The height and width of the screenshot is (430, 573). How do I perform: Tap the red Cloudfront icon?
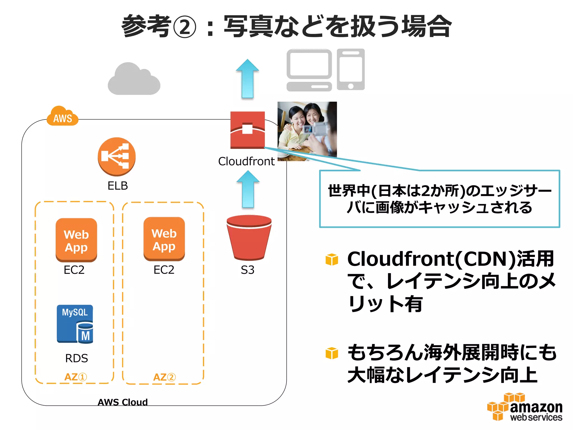coord(247,130)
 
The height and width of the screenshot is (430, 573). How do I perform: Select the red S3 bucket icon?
coord(249,237)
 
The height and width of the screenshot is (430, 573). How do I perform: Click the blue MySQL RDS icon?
coord(75,324)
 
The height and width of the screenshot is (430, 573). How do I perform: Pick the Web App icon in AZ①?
coord(76,240)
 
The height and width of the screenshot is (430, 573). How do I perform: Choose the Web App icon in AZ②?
coord(164,239)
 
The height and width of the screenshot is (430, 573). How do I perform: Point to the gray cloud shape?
coord(134,80)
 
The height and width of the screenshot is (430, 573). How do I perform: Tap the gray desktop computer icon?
coord(309,70)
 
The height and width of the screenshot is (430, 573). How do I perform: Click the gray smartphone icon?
coord(351,69)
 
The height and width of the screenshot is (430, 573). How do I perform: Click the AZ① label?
coord(76,377)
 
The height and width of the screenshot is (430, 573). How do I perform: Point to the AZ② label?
coord(164,377)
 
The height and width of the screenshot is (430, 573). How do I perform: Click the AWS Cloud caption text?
coord(123,402)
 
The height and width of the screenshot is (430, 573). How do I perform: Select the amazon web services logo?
coord(525,407)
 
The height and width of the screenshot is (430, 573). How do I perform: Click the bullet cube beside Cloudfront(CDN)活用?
coord(332,259)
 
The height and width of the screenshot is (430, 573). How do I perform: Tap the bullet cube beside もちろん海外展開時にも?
coord(332,353)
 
